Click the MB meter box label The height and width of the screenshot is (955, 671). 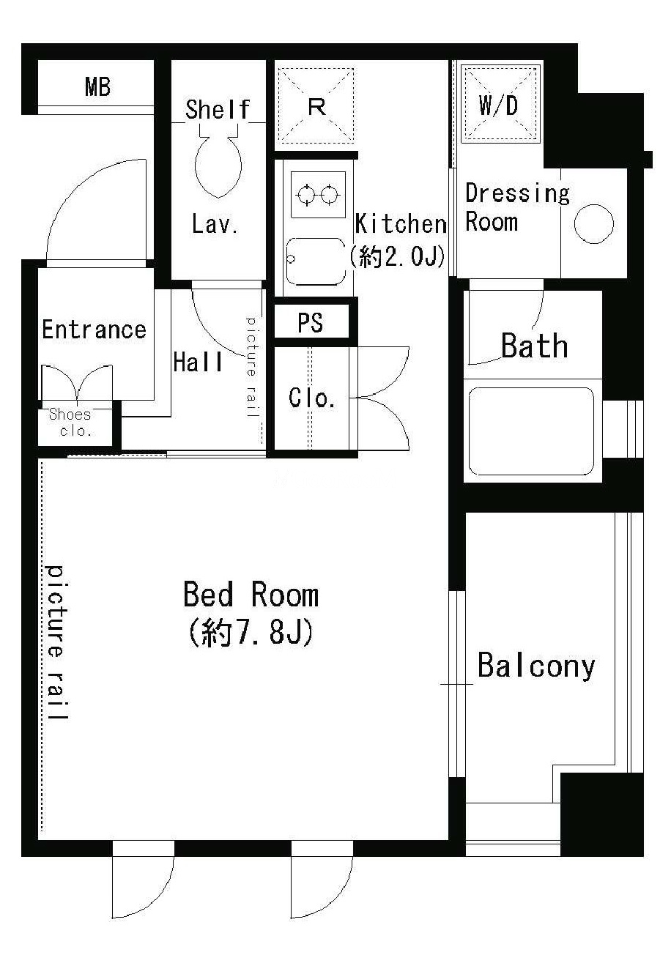point(97,87)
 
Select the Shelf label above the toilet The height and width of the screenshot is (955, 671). point(218,109)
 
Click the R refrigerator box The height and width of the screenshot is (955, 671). point(316,105)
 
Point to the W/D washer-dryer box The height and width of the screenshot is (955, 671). point(500,103)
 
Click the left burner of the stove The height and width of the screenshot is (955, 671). point(306,196)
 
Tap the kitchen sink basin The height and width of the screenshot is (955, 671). point(316,261)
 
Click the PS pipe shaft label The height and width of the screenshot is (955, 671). point(310,322)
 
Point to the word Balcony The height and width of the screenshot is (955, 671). point(535,666)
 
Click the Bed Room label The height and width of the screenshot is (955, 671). point(251,595)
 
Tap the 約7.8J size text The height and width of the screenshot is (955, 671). point(251,631)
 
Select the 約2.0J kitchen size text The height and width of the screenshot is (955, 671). point(398,256)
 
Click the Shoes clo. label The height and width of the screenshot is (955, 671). point(71,422)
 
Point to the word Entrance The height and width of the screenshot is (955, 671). point(94,330)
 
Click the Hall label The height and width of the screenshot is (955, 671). point(198,362)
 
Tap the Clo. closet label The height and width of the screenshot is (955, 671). point(311,398)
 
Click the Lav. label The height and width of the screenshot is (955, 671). point(215,223)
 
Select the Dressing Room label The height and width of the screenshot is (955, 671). point(517,208)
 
